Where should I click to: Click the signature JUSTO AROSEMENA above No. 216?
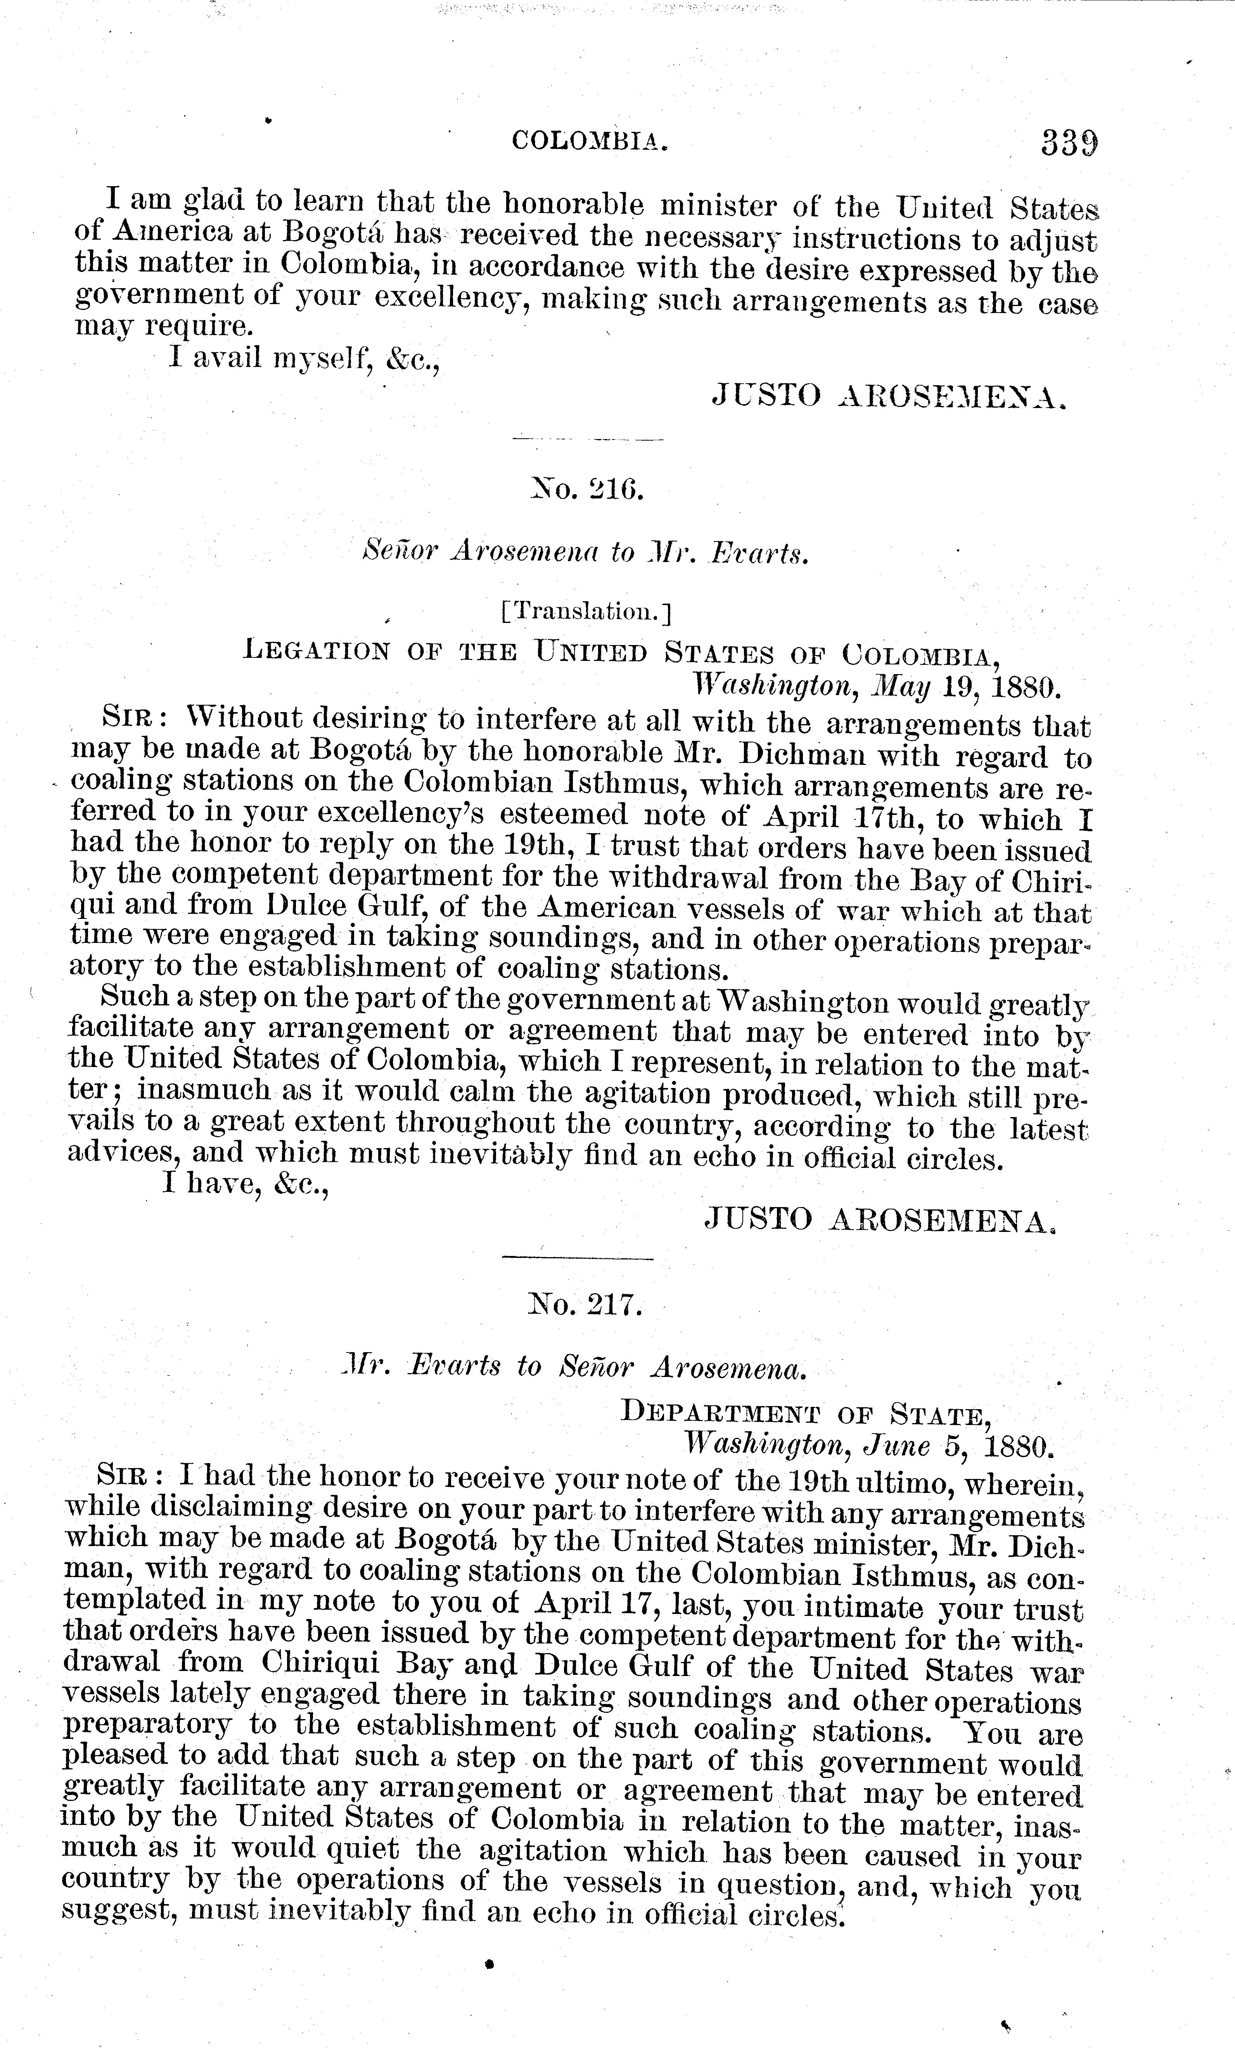click(x=887, y=397)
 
